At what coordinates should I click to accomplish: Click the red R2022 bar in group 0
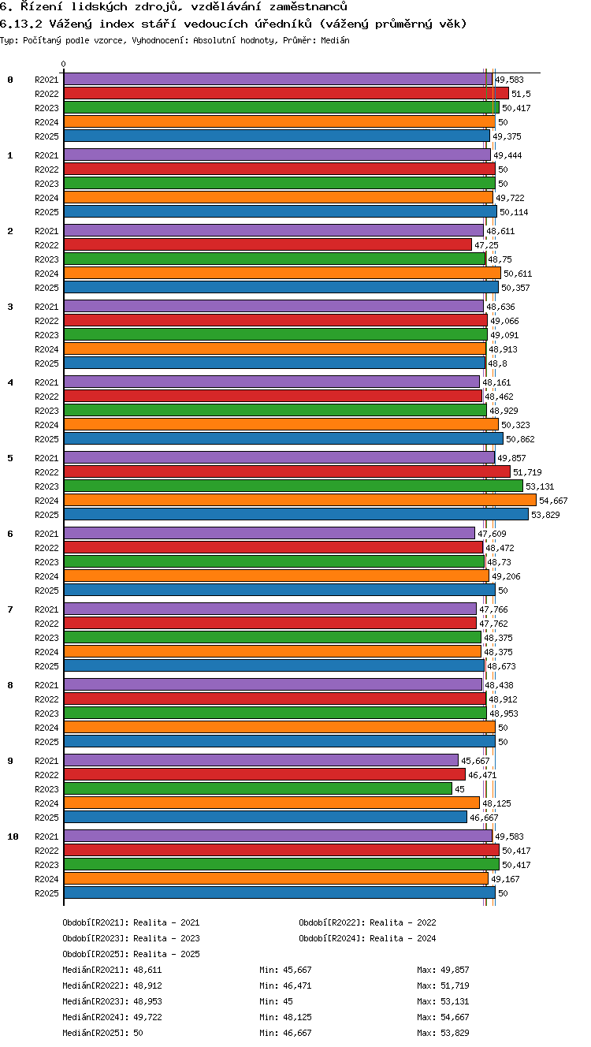point(286,94)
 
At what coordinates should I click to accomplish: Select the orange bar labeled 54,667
point(300,500)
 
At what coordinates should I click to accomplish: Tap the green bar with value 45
point(258,788)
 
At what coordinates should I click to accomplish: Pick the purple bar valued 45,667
point(261,760)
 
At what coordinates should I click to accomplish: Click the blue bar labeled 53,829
point(296,514)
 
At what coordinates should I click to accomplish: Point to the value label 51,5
point(521,94)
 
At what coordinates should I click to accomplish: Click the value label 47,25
point(486,245)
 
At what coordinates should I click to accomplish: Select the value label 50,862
point(520,439)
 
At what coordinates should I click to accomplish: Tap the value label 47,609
point(492,534)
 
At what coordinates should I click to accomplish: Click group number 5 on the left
point(10,458)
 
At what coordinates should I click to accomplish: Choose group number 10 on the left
point(13,836)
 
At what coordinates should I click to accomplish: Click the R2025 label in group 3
point(46,363)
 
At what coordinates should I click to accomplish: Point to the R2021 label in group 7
point(46,609)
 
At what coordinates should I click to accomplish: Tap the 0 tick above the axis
point(64,64)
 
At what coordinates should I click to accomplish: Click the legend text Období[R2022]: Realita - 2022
point(367,922)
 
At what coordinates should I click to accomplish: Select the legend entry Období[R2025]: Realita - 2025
point(131,954)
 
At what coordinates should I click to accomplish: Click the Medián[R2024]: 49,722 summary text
point(112,1017)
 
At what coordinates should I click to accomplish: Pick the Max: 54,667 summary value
point(443,1017)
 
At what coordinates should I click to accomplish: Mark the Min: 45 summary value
point(276,1001)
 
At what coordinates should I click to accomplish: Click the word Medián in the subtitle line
point(335,40)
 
